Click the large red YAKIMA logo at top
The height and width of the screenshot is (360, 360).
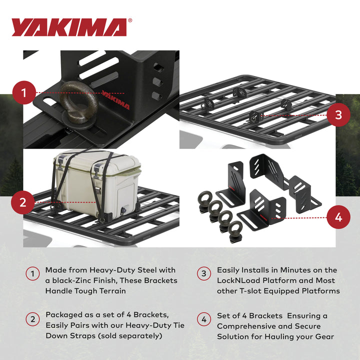click(x=69, y=27)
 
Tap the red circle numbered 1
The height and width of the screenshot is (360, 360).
click(x=23, y=92)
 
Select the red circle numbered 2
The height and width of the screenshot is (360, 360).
click(x=23, y=202)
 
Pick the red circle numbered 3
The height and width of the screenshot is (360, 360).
click(x=338, y=114)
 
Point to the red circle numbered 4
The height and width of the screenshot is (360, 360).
click(x=338, y=217)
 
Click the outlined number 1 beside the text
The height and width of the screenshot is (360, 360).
click(x=32, y=273)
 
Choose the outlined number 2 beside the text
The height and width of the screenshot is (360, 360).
click(x=32, y=319)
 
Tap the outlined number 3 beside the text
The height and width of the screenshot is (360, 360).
click(x=203, y=273)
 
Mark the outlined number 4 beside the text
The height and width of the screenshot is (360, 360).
click(x=203, y=319)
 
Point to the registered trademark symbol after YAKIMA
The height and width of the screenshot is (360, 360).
click(x=130, y=21)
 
